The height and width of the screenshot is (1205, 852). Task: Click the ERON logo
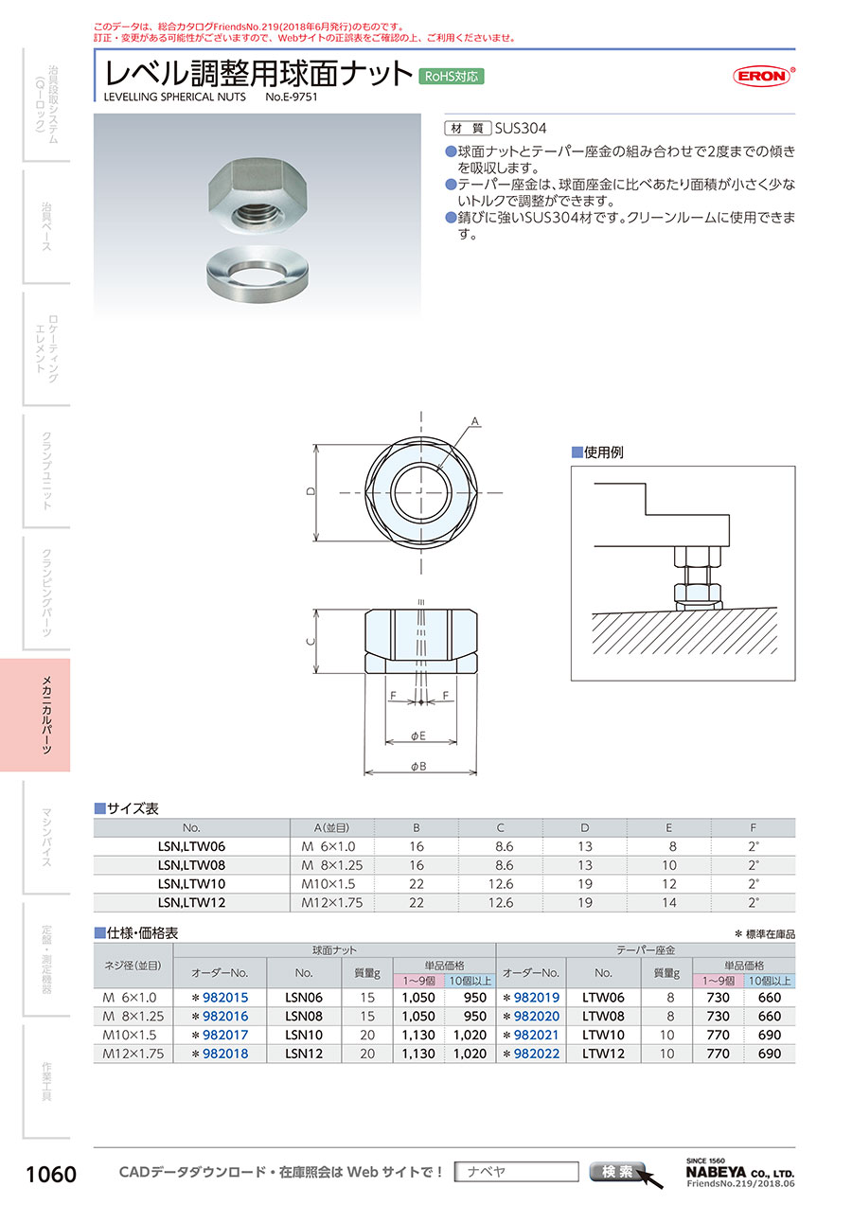[763, 76]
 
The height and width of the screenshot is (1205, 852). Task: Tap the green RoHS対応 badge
[452, 77]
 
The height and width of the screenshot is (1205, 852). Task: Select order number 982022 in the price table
[536, 1054]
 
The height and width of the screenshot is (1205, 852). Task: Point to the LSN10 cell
[304, 1035]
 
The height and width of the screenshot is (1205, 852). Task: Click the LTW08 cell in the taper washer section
[603, 1017]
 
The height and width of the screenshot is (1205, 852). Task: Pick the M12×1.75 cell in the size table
[332, 903]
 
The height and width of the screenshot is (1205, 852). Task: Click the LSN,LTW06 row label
[191, 846]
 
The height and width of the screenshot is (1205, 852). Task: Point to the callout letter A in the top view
[475, 422]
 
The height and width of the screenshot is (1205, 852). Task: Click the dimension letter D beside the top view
[311, 491]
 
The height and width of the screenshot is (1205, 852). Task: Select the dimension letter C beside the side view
[310, 641]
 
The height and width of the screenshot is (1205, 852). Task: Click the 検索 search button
[617, 1171]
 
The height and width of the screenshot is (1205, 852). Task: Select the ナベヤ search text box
[516, 1172]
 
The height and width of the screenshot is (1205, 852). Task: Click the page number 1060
[51, 1175]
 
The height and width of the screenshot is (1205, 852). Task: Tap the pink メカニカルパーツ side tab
[35, 715]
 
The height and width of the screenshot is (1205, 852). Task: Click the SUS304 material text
[520, 128]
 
